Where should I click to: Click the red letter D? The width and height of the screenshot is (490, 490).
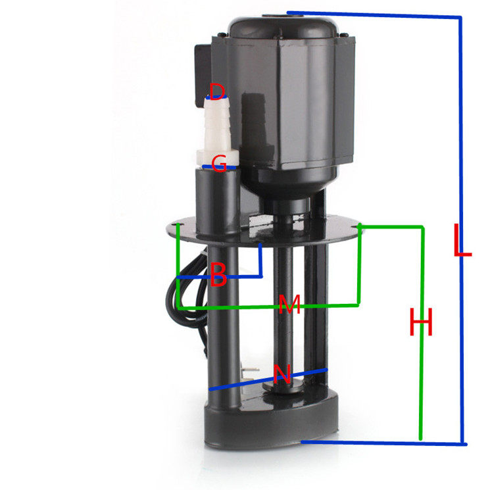217,91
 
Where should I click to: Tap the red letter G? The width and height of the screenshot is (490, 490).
219,163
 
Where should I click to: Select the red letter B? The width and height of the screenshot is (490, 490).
218,274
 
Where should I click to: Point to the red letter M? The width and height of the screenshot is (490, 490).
289,304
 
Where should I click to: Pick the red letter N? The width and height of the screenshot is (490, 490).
282,374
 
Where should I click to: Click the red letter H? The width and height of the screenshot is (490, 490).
421,322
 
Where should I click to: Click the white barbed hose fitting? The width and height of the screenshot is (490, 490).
218,132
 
